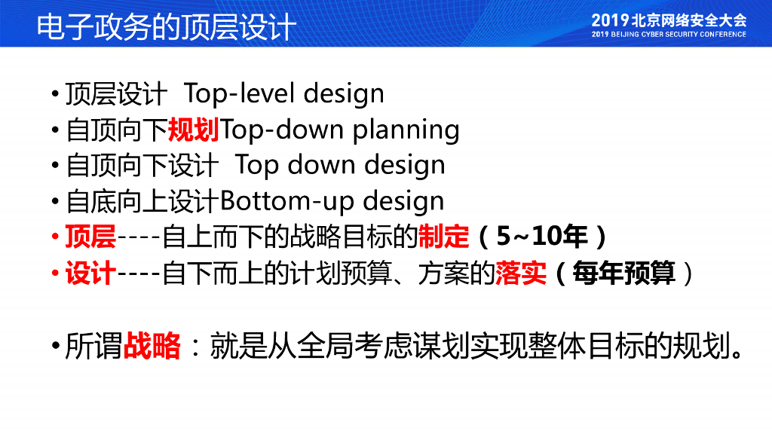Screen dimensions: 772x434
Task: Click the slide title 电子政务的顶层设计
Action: [167, 26]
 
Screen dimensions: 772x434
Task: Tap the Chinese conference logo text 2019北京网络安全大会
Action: [669, 20]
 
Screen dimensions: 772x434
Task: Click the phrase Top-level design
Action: [283, 93]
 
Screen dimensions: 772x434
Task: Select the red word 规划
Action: [194, 130]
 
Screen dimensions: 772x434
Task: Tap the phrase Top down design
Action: [340, 165]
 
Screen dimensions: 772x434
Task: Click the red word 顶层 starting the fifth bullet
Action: [90, 237]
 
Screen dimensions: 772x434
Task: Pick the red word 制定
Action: [443, 237]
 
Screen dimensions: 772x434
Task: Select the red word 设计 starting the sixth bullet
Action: [90, 273]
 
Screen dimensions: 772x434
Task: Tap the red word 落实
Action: [521, 273]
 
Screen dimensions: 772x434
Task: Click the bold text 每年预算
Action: [623, 273]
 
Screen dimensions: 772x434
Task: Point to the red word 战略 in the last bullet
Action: [152, 345]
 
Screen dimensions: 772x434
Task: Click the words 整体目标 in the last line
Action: [586, 345]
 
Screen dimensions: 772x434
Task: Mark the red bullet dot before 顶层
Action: [55, 237]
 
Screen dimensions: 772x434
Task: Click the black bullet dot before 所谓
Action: [55, 346]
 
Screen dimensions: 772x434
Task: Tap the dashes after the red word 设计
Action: [139, 274]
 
